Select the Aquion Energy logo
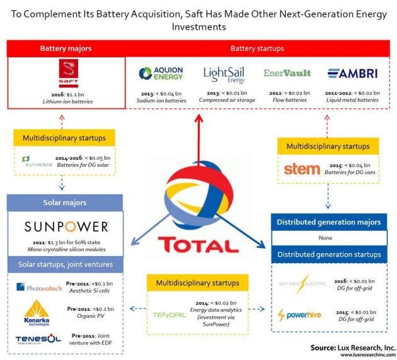161,74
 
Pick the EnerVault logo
287,73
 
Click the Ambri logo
354,73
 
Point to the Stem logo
302,168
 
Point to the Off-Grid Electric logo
303,284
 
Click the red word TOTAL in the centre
198,244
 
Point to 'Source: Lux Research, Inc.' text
352,347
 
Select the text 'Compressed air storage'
225,99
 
